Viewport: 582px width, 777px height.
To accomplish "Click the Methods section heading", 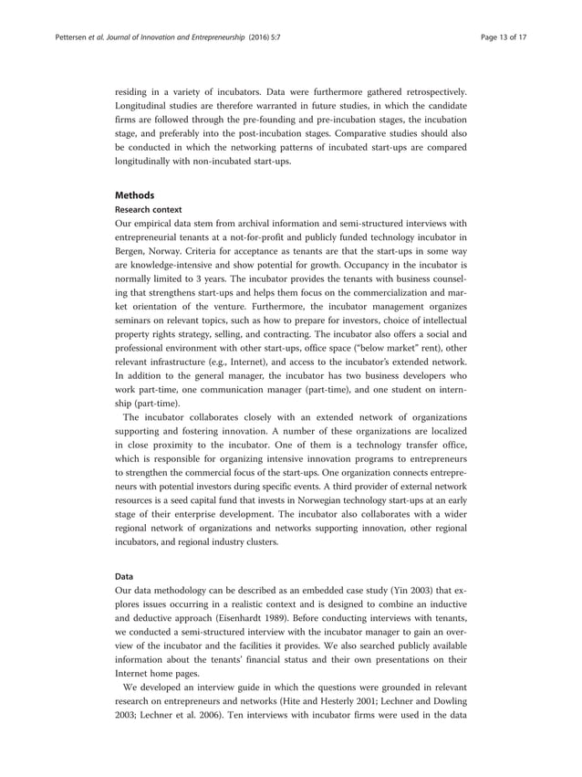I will click(x=134, y=194).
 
